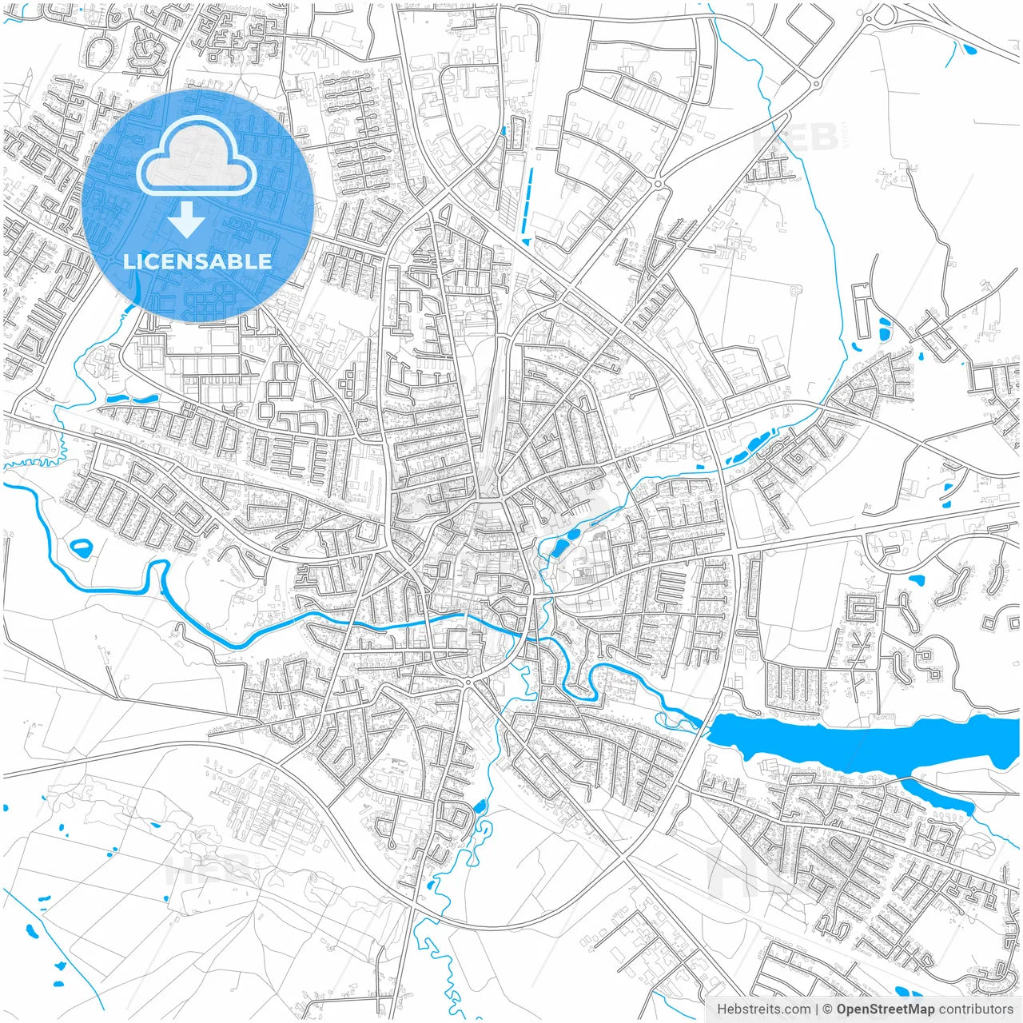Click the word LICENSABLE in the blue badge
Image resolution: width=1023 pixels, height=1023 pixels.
tap(197, 261)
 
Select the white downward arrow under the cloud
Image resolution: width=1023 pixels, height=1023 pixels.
tap(186, 220)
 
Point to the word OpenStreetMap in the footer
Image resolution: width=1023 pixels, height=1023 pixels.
tap(885, 1009)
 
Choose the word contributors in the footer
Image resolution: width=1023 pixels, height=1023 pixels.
tap(976, 1009)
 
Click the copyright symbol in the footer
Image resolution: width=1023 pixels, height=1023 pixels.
tap(828, 1009)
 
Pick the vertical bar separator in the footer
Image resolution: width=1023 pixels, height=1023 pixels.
tap(817, 1009)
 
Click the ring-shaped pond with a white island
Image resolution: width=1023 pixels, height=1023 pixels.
tap(81, 548)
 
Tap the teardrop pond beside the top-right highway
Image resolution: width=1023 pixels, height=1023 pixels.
tap(969, 50)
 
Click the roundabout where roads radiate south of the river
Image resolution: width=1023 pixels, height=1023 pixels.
tap(468, 683)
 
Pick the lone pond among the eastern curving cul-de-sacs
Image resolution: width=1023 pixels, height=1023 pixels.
tap(916, 579)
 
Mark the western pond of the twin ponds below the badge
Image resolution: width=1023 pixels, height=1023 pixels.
tap(116, 398)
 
